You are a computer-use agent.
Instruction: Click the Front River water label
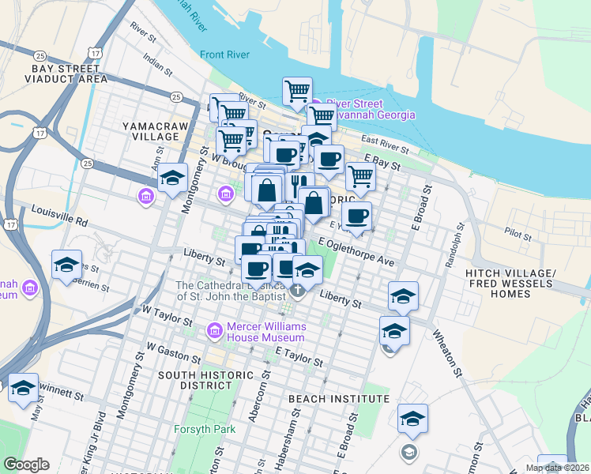(224, 55)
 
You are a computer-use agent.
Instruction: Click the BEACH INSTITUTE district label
(339, 400)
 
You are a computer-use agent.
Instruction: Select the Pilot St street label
(519, 231)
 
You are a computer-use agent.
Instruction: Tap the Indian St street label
(156, 64)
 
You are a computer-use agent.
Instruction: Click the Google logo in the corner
(25, 465)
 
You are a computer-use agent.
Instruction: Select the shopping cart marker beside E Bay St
(360, 177)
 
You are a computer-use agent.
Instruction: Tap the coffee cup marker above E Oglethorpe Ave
(357, 216)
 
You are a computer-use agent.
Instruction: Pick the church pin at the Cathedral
(297, 290)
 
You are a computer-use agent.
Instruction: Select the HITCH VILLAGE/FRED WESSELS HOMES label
(521, 284)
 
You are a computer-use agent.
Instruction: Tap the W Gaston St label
(171, 348)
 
